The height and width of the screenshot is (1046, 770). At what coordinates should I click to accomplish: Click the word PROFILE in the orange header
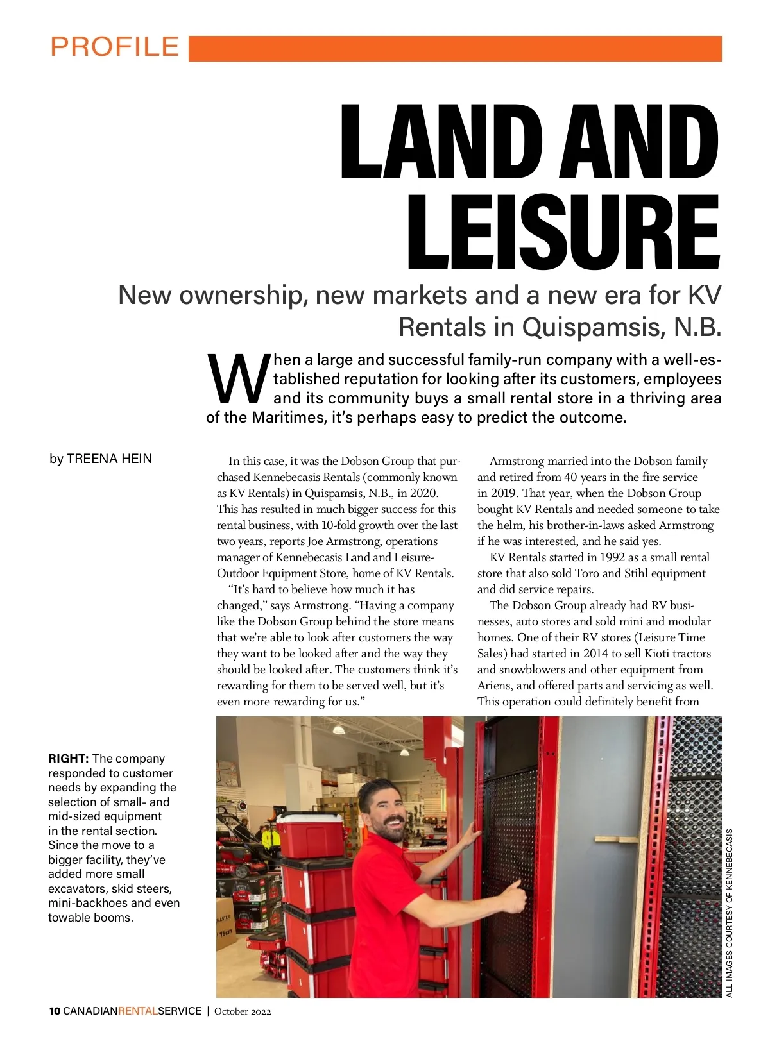pos(115,47)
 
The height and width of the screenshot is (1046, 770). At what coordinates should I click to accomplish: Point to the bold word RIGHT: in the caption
pos(68,759)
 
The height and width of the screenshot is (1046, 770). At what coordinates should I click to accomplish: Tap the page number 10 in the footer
pos(55,1011)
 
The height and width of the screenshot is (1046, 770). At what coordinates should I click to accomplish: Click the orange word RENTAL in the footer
pos(138,1011)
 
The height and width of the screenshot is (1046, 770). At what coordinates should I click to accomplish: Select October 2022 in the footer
pos(243,1011)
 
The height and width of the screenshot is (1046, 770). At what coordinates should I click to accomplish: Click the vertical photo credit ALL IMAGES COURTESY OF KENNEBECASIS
pos(730,913)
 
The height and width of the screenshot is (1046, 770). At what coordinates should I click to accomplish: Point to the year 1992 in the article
pos(612,557)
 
